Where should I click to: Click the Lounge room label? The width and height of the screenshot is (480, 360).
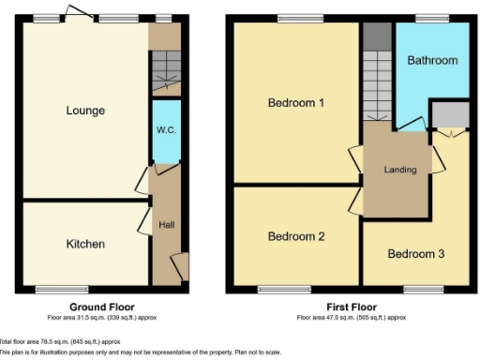point(85,111)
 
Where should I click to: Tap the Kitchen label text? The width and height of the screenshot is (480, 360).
point(85,244)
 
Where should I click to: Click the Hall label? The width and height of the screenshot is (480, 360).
point(166,225)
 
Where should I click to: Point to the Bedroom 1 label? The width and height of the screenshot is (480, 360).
point(296,103)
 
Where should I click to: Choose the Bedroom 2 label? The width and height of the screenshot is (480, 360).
point(296,236)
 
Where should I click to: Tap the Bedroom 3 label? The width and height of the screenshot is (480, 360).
point(415,253)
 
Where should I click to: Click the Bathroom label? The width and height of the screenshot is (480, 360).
point(432,60)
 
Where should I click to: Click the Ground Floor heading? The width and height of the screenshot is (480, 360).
point(103,307)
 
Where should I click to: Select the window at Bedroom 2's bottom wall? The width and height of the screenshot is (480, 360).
point(284,289)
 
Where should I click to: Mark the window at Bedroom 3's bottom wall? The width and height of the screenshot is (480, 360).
point(417,289)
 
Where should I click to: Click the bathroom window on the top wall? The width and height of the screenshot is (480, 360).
point(431,18)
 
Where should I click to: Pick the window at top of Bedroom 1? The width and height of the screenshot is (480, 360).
point(293,18)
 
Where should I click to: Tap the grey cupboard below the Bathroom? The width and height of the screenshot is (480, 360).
point(451,115)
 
